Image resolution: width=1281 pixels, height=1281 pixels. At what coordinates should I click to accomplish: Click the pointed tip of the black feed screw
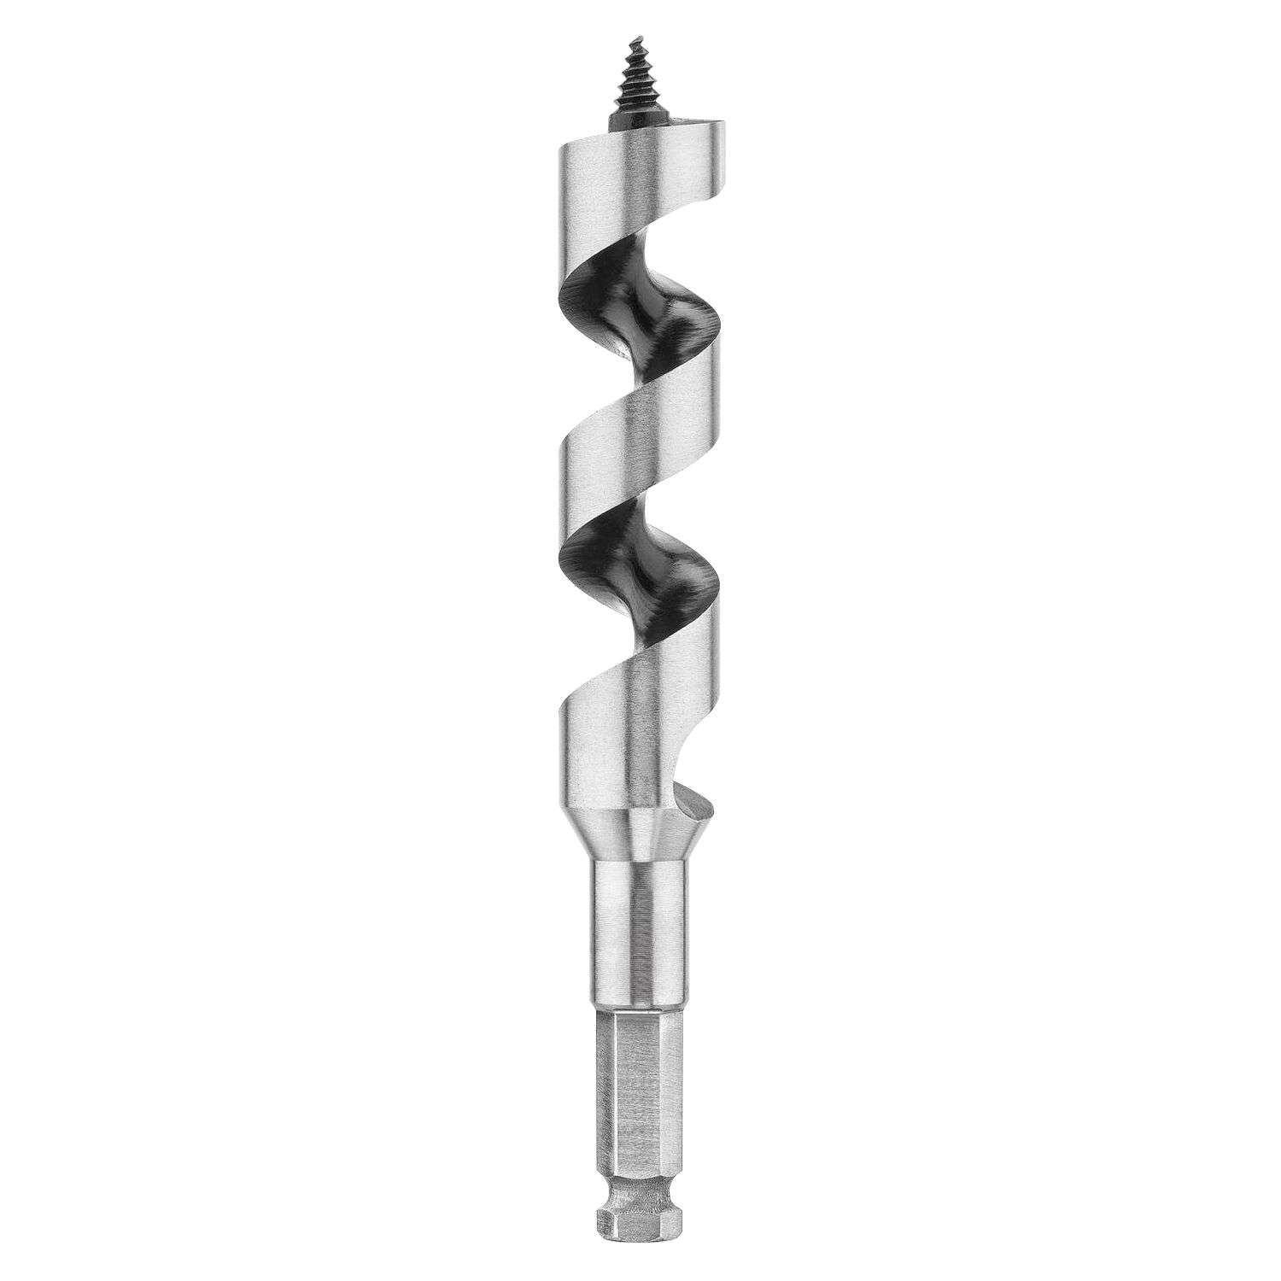coord(633,38)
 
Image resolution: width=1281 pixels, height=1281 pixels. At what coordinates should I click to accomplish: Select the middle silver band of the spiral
coord(636,453)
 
